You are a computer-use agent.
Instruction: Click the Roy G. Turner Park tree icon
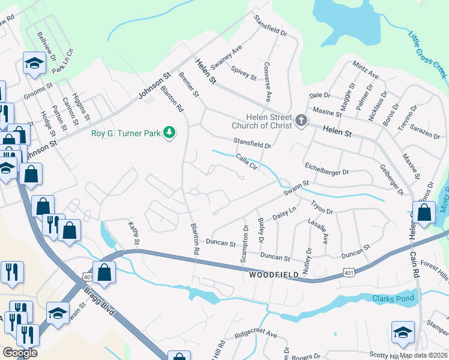[170, 133]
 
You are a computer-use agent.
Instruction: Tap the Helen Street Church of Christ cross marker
[300, 122]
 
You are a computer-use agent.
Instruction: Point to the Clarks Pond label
[393, 299]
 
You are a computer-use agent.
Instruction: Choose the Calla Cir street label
[247, 163]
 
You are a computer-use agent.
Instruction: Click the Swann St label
[296, 189]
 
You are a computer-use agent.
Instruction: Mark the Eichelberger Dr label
[327, 169]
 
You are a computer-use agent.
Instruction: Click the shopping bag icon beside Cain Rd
[424, 213]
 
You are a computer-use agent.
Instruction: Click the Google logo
[20, 352]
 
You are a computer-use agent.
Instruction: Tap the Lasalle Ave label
[318, 230]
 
